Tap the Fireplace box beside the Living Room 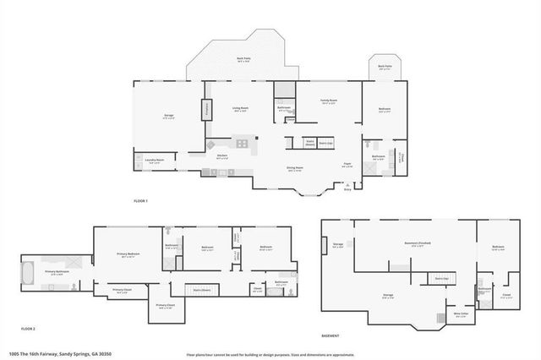(205, 110)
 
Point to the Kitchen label (222, 155)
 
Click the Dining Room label (294, 168)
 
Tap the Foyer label (347, 164)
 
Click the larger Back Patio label (243, 59)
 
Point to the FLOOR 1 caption (140, 201)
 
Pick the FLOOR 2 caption (29, 328)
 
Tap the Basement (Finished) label (418, 243)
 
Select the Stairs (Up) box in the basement (440, 278)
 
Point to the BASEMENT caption (331, 335)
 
